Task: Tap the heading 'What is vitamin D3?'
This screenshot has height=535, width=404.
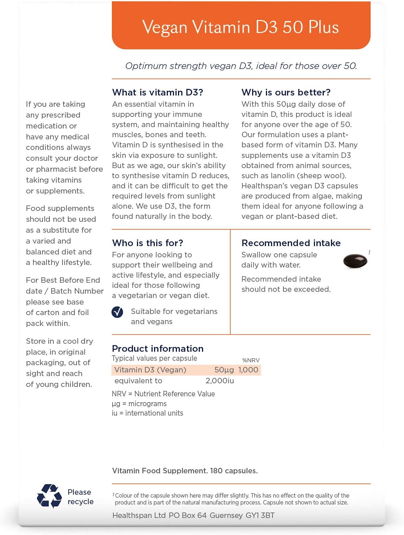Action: click(x=157, y=92)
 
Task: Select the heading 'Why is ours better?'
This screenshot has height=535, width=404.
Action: click(x=286, y=92)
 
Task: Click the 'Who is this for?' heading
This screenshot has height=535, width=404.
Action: click(x=148, y=243)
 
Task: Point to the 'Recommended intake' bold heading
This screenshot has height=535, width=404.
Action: click(x=291, y=243)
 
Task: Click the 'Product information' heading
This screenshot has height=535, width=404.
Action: click(x=158, y=348)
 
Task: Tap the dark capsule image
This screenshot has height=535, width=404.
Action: click(x=355, y=261)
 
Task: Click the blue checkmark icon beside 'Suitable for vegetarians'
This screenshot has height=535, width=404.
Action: click(x=117, y=312)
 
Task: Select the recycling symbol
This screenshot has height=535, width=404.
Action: click(x=49, y=496)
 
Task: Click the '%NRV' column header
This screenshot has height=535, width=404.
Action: click(x=251, y=360)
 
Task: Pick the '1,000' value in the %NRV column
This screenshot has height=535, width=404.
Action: click(x=248, y=370)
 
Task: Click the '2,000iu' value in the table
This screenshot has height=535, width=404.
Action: click(x=219, y=381)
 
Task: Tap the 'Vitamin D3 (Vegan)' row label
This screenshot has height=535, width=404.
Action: click(x=150, y=370)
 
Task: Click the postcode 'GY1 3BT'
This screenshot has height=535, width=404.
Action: click(x=260, y=515)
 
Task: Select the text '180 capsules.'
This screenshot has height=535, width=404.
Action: click(x=234, y=471)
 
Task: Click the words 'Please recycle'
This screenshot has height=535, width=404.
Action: click(x=80, y=497)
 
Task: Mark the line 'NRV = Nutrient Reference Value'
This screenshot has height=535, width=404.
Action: click(x=163, y=394)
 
